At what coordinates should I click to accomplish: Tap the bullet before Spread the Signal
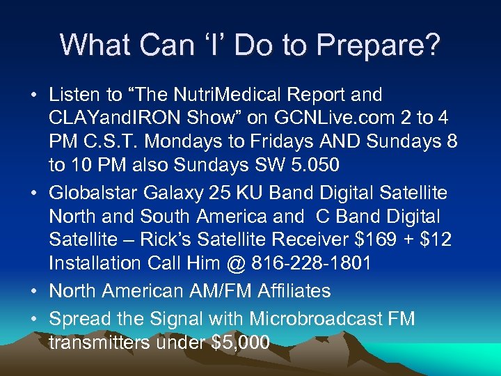point(35,320)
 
